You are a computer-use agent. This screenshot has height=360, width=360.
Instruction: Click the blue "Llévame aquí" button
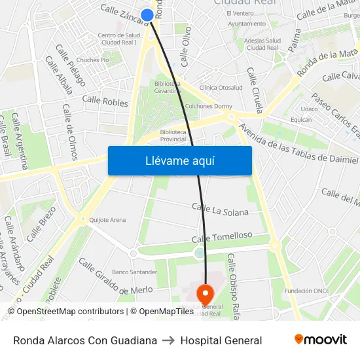pyautogui.click(x=179, y=160)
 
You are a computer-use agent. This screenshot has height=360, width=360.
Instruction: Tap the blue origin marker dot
pyautogui.click(x=147, y=15)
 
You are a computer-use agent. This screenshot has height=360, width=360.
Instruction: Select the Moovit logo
pyautogui.click(x=320, y=340)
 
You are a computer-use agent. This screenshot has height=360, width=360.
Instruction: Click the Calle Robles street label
pyautogui.click(x=105, y=101)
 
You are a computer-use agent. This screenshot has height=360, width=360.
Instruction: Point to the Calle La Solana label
pyautogui.click(x=220, y=211)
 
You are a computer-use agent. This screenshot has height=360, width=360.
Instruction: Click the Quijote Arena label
pyautogui.click(x=107, y=220)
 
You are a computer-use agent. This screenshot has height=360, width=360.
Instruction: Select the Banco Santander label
pyautogui.click(x=134, y=272)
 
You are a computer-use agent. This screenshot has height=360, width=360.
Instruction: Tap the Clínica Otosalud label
pyautogui.click(x=221, y=88)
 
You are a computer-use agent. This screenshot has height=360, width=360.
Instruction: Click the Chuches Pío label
pyautogui.click(x=92, y=60)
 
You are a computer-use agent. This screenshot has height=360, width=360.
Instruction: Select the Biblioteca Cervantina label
pyautogui.click(x=168, y=86)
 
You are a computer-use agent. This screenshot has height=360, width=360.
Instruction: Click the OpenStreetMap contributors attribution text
pyautogui.click(x=65, y=312)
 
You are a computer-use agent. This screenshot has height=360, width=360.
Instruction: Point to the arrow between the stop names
pyautogui.click(x=169, y=340)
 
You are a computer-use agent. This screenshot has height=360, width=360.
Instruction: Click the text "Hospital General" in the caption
pyautogui.click(x=221, y=340)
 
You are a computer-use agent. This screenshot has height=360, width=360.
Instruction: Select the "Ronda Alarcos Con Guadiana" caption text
pyautogui.click(x=85, y=340)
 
